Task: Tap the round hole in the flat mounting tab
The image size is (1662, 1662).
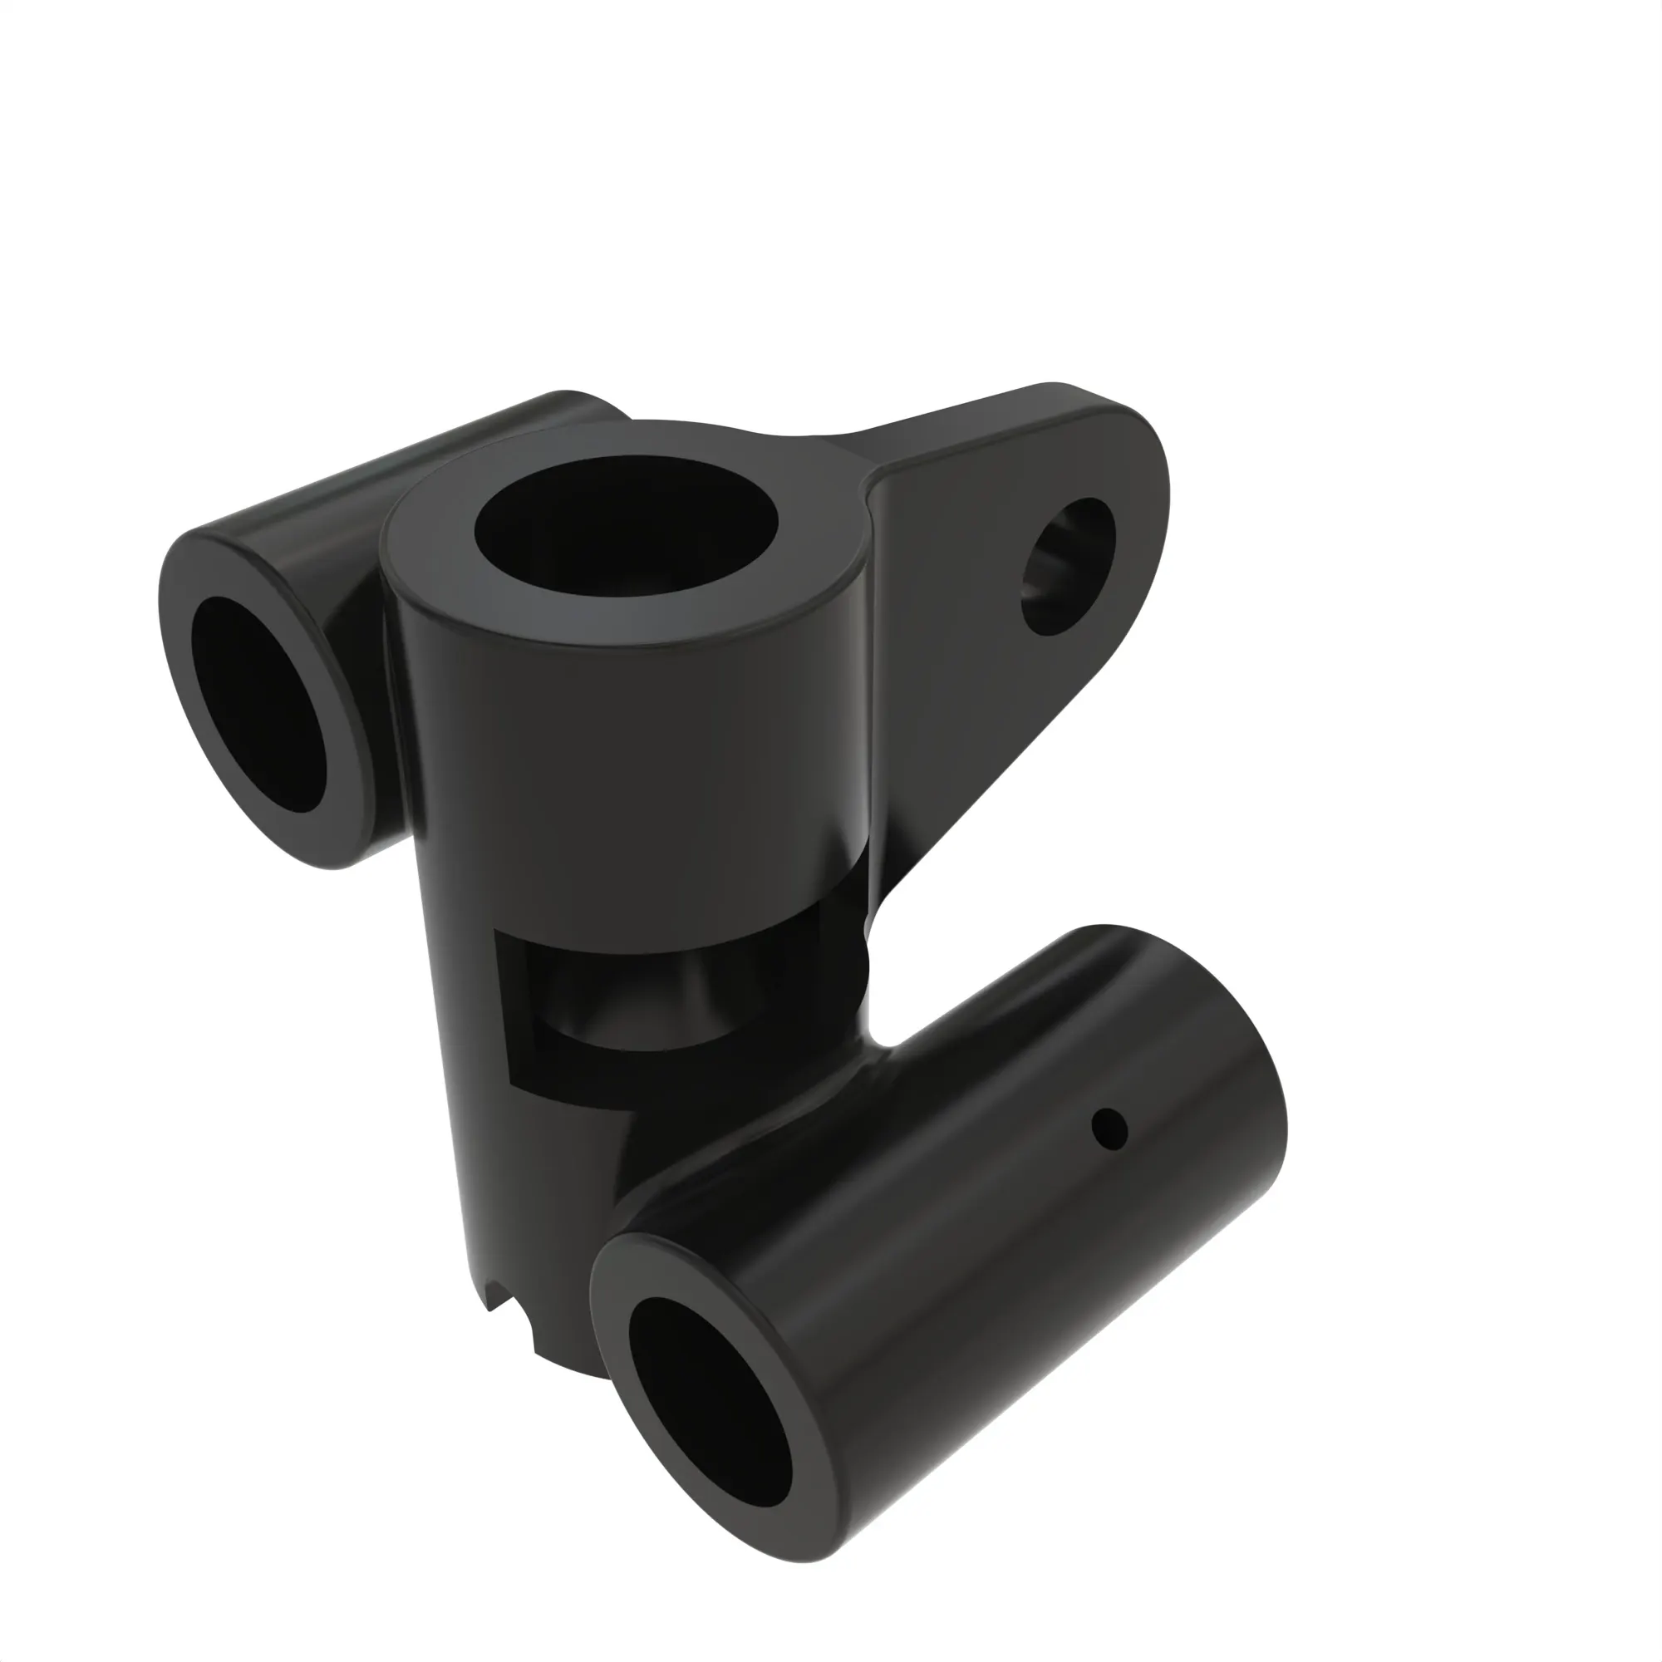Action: (x=1068, y=566)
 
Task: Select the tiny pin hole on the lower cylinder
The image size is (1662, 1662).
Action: (x=1109, y=1128)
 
